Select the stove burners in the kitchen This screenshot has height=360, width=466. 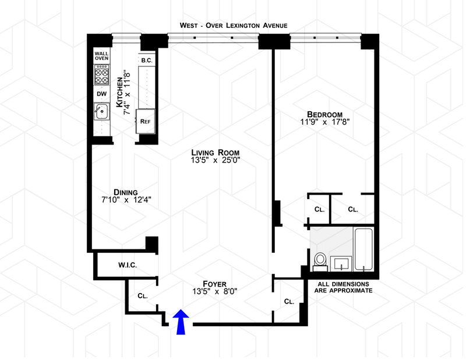pos(102,77)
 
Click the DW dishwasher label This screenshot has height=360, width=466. pos(101,94)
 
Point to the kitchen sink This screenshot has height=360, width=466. pos(101,111)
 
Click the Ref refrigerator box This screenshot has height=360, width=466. pos(145,121)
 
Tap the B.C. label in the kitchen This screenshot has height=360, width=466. pos(146,59)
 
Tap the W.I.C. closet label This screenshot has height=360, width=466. pos(127,266)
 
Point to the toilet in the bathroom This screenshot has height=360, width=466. pos(319,260)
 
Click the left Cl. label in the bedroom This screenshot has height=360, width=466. pos(319,209)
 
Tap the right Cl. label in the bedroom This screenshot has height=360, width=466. pos(353,209)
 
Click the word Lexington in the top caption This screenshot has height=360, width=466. pos(252,25)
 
